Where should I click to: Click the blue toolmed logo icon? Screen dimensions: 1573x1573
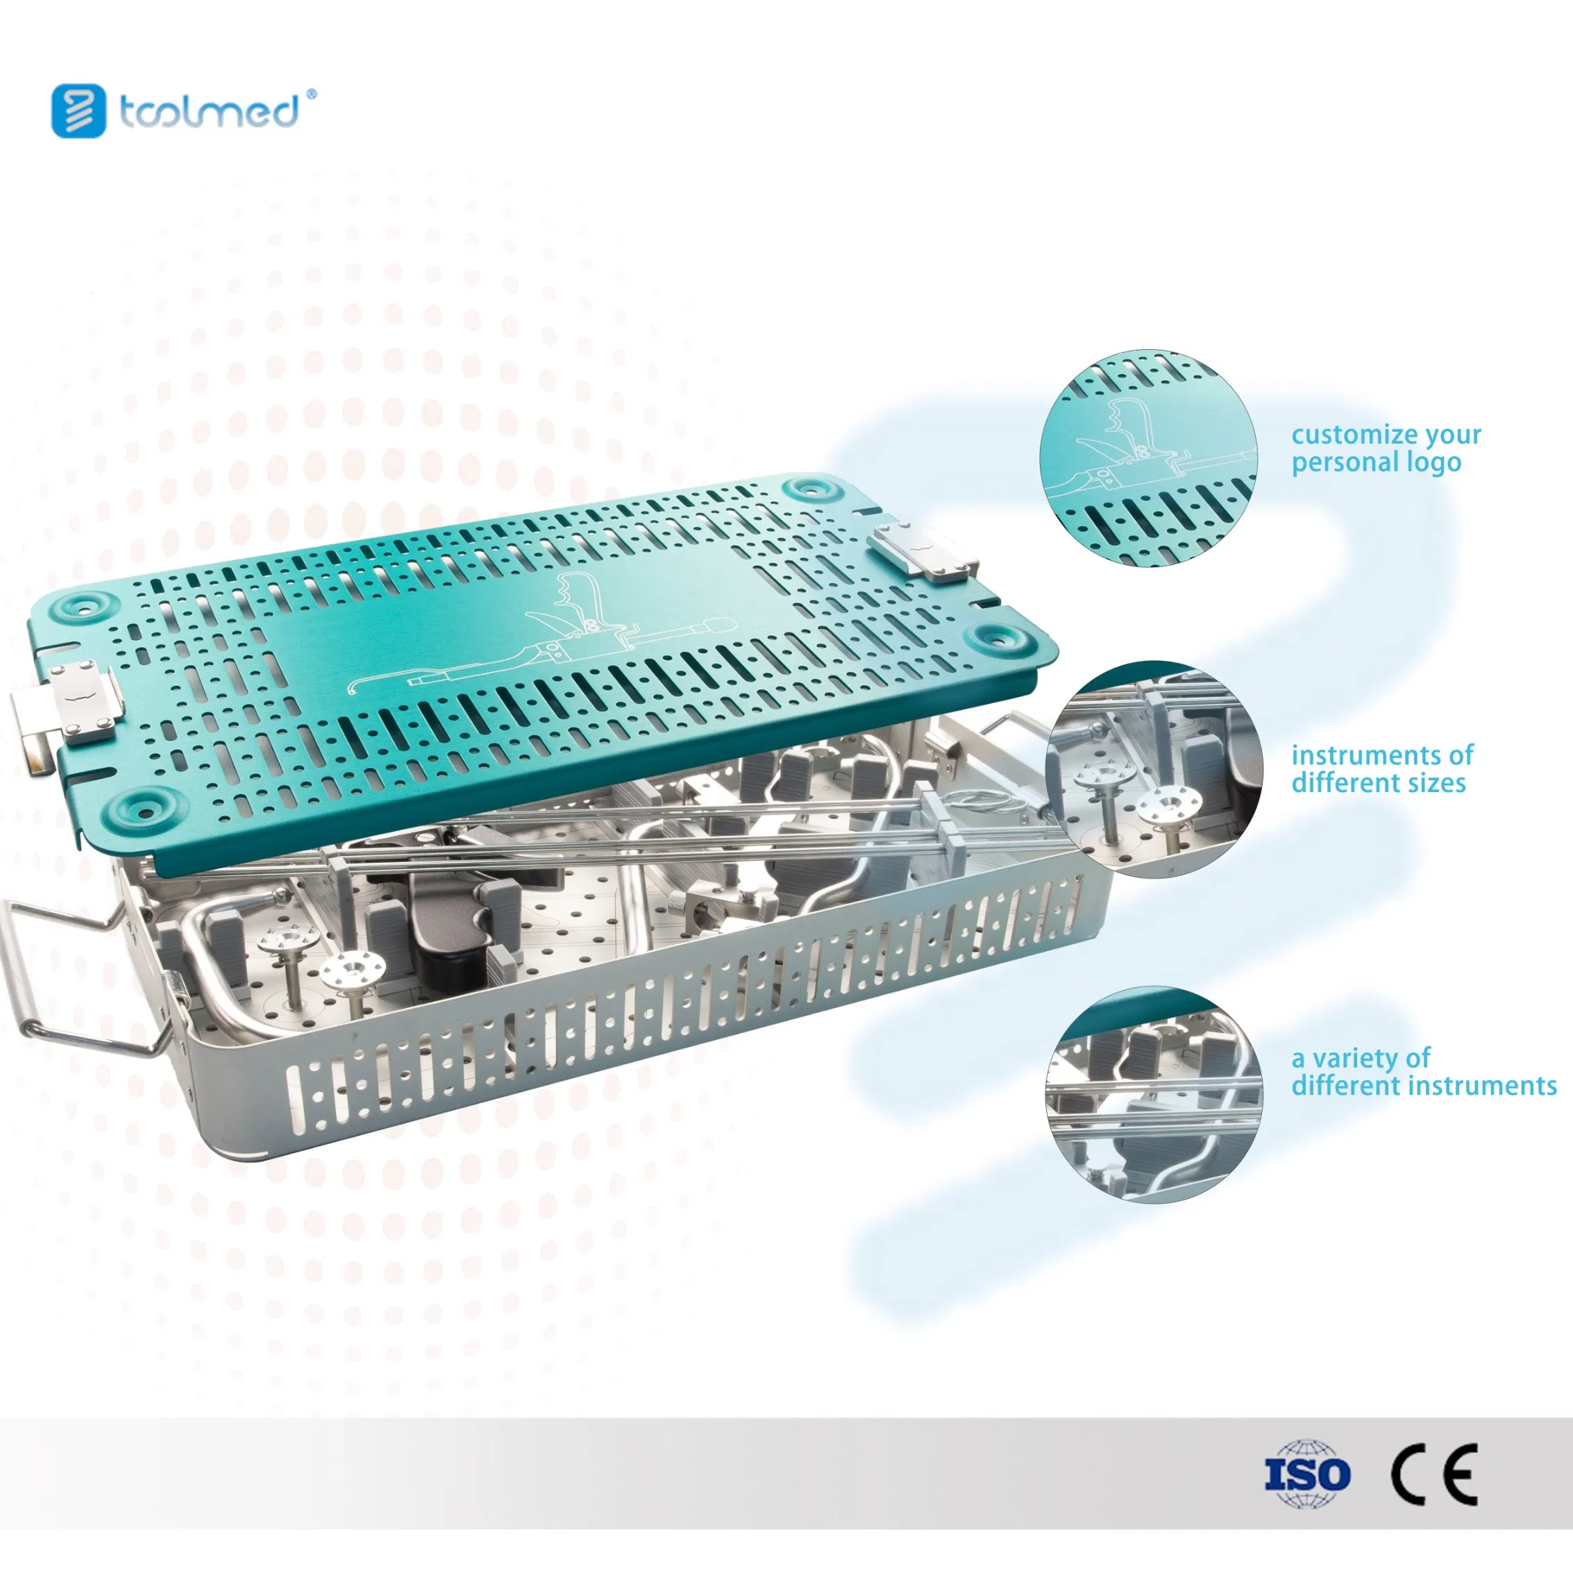click(79, 111)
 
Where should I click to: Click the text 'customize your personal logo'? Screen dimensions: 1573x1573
click(1386, 448)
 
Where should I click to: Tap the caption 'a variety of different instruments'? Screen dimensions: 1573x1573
click(1424, 1072)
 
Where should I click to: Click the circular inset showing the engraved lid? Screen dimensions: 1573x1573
click(1148, 460)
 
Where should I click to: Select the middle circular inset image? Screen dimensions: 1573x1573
click(1154, 768)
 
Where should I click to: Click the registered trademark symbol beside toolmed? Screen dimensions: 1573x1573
click(310, 94)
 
